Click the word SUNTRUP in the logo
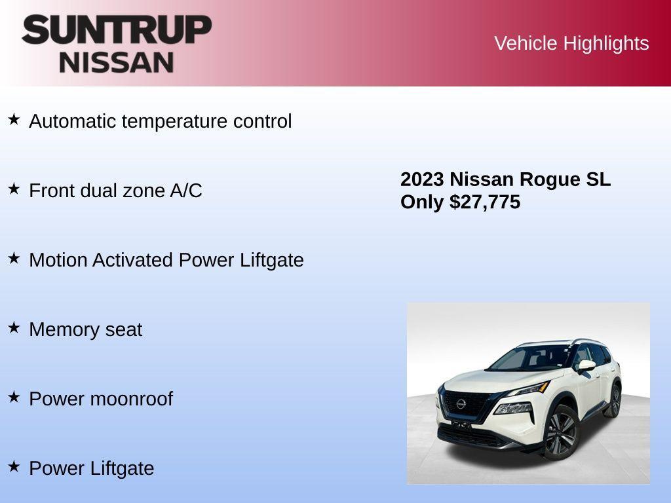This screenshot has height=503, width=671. [117, 30]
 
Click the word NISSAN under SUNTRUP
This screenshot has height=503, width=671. [117, 62]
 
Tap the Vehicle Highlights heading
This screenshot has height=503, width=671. [571, 43]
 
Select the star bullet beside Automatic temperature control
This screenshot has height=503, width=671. [14, 119]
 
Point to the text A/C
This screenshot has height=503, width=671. [186, 191]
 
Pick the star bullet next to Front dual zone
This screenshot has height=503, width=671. [14, 189]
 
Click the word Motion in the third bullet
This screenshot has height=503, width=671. [58, 260]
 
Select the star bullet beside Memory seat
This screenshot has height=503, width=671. [14, 327]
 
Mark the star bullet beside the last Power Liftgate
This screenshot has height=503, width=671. [14, 466]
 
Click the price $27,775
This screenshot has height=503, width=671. [485, 202]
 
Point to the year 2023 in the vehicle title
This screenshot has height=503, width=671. [422, 179]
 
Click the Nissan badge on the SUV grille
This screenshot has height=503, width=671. [461, 403]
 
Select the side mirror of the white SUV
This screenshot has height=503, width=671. [586, 365]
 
